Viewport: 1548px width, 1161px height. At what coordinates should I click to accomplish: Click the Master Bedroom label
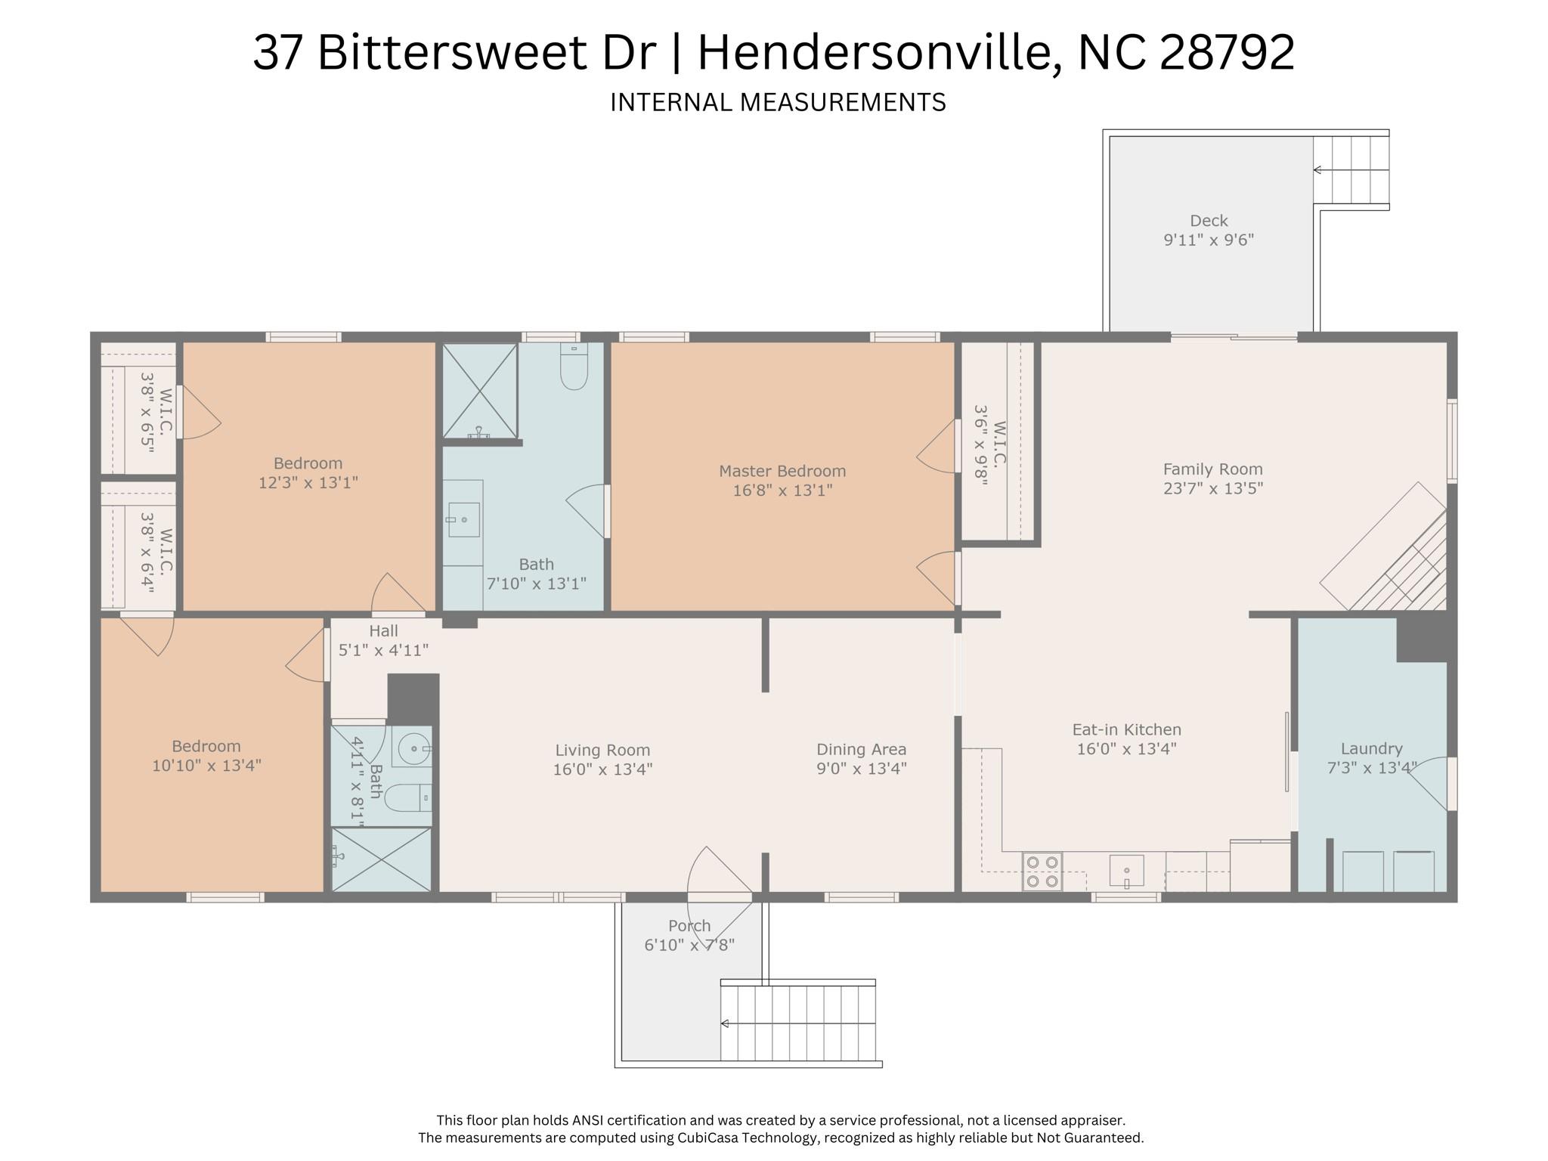782,471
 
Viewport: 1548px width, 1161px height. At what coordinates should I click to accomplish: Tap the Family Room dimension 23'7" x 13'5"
1212,488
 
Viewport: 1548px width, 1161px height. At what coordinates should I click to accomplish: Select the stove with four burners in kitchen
1042,871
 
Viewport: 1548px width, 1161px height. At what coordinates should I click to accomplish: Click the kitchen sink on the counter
1126,871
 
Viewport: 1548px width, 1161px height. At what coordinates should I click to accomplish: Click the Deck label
1209,221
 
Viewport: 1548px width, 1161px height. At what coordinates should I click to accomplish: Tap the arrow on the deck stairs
1317,170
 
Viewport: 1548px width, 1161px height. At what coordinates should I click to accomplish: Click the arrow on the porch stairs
724,1023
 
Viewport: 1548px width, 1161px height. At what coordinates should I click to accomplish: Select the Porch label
689,926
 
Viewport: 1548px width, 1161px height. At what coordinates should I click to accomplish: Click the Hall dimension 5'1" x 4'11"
383,650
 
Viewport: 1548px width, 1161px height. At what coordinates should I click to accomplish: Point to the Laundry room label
1371,748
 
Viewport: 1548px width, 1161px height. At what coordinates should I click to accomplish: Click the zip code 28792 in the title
1227,53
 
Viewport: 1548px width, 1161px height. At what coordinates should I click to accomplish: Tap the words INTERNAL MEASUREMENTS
778,102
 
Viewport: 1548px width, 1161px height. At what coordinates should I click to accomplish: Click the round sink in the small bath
413,748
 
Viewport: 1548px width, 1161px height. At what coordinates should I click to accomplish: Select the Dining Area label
861,749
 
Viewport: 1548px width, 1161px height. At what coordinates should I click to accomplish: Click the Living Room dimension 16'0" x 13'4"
602,769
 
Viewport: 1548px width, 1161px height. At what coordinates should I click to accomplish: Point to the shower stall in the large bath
479,390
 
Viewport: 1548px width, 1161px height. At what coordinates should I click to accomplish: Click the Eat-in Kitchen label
1126,729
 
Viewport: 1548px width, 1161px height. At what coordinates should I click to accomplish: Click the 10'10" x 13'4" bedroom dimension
206,766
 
